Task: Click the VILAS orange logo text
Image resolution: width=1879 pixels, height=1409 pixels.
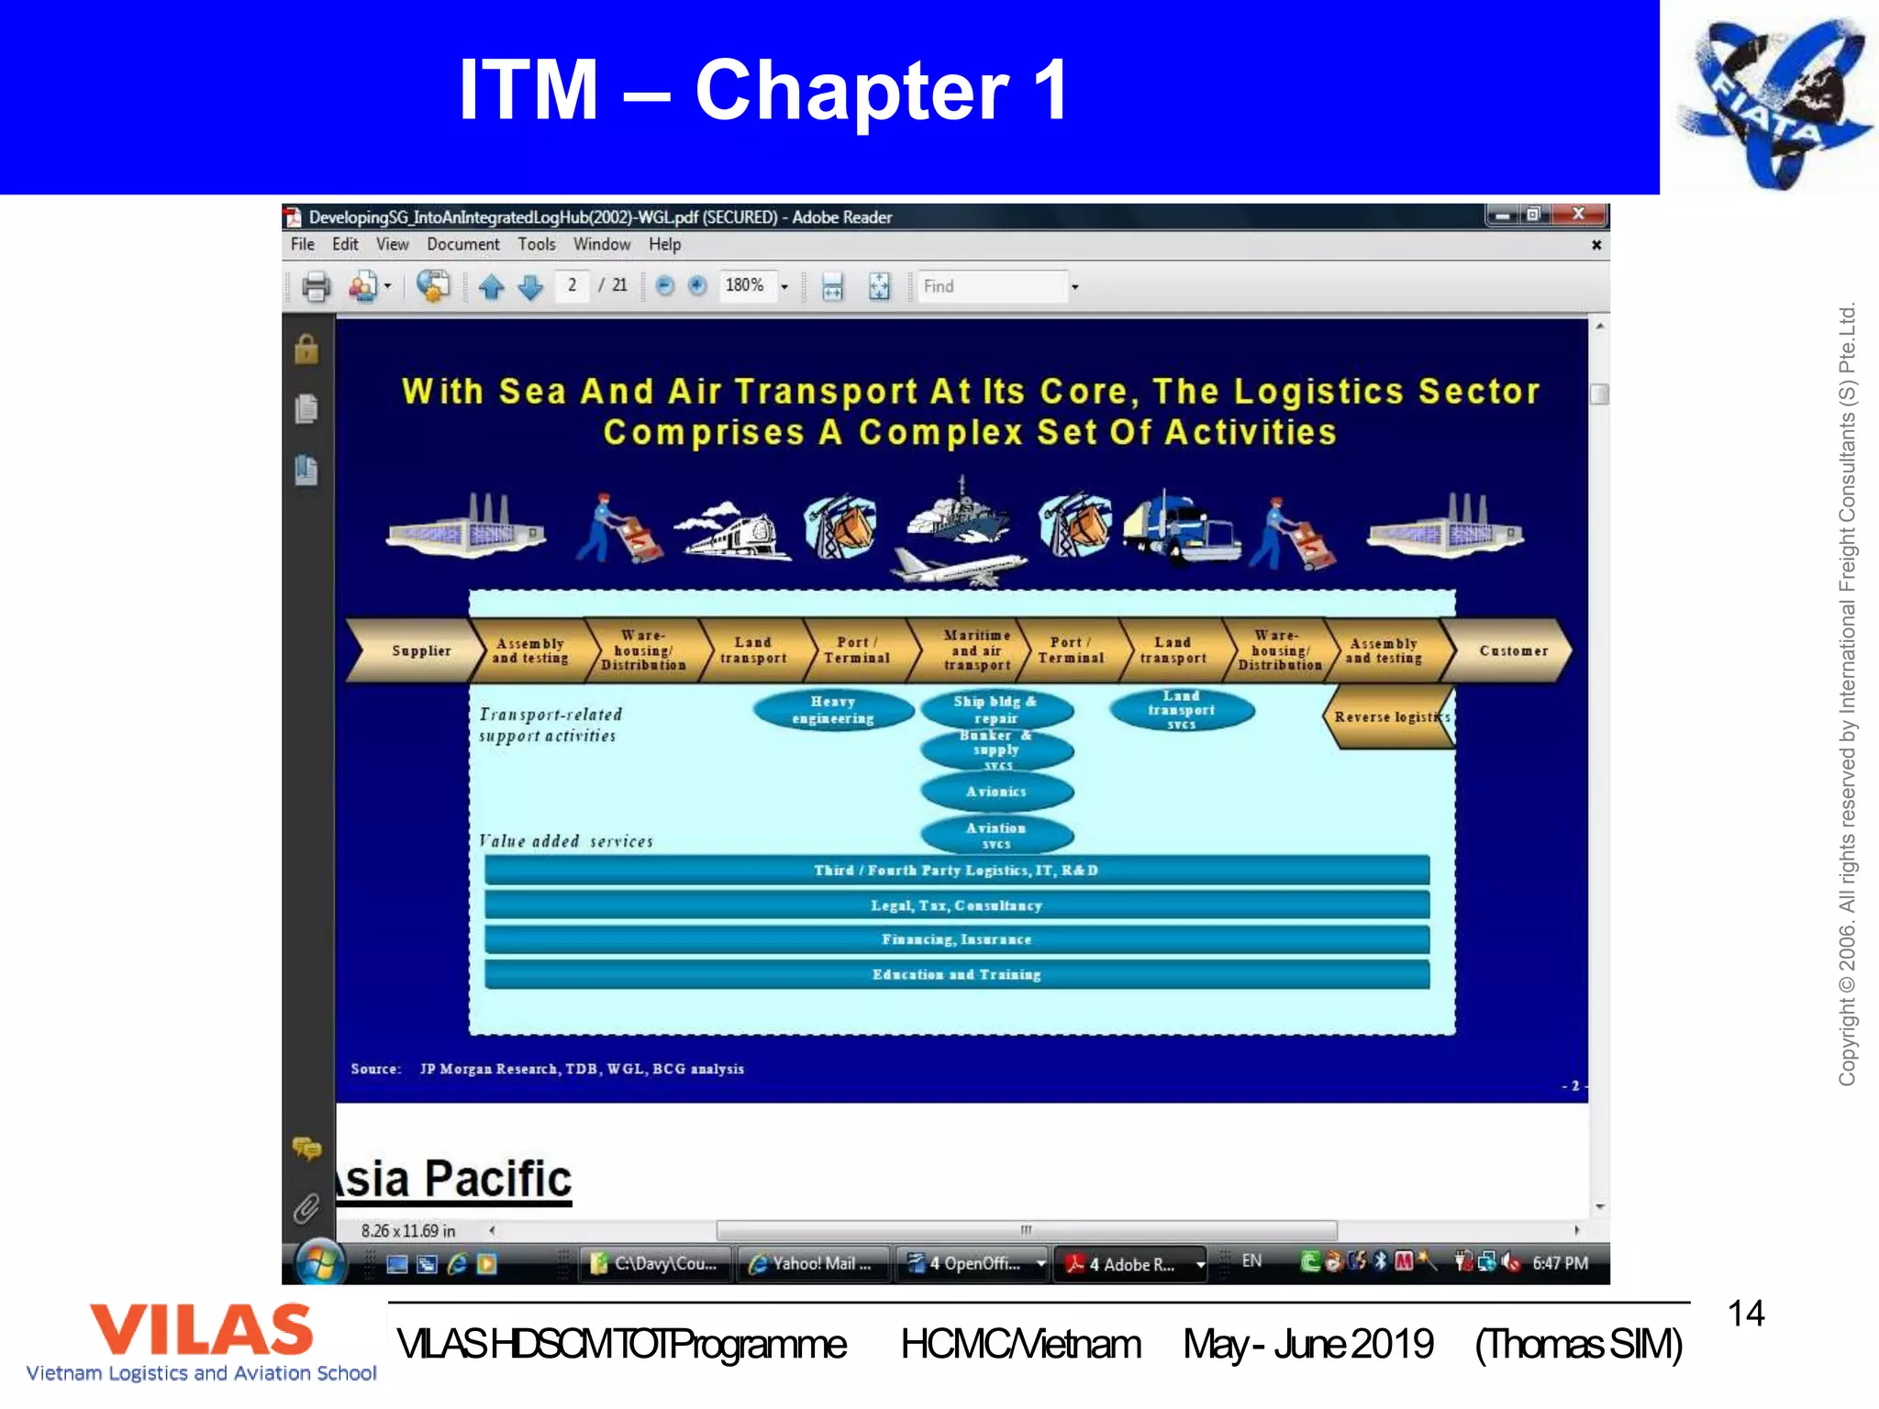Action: click(x=201, y=1330)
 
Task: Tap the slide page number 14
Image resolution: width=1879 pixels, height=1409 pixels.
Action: click(x=1745, y=1314)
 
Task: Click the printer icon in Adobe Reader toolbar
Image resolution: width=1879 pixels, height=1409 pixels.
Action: click(x=316, y=287)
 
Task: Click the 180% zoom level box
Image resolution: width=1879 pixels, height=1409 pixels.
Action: click(x=746, y=286)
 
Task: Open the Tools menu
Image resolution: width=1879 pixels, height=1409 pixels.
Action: click(x=536, y=245)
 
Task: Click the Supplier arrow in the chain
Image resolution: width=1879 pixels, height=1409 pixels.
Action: click(x=417, y=650)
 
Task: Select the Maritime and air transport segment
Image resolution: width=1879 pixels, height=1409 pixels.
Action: click(x=976, y=650)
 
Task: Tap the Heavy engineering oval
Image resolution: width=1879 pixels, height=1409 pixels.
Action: click(x=832, y=710)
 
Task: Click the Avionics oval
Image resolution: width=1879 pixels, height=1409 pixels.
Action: click(x=996, y=792)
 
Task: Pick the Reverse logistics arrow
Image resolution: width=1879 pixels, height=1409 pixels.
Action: click(x=1387, y=717)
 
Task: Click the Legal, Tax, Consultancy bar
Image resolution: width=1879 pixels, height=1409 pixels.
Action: click(x=956, y=905)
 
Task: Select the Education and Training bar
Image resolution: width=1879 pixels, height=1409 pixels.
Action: click(x=956, y=974)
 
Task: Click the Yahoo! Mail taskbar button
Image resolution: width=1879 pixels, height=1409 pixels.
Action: click(x=813, y=1264)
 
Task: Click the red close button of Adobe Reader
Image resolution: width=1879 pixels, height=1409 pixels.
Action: click(x=1578, y=215)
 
